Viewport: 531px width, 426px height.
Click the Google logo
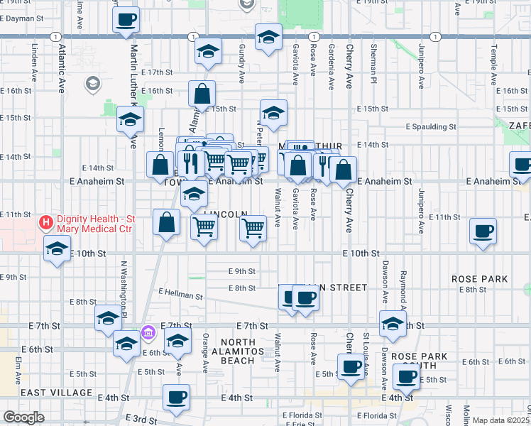click(x=23, y=417)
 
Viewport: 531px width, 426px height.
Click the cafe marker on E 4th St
click(x=176, y=397)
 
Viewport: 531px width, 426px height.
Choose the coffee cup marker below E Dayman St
click(x=126, y=19)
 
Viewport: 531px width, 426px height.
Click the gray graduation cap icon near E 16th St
click(x=92, y=85)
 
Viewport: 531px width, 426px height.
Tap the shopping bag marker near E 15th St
click(x=202, y=94)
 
